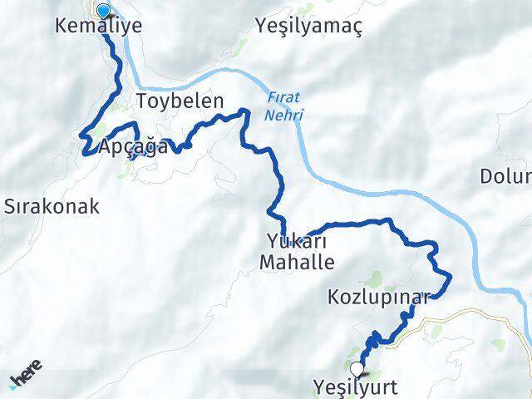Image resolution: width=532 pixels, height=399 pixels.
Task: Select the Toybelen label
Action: coord(180,102)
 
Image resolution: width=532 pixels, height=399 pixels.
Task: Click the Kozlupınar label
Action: coord(378,297)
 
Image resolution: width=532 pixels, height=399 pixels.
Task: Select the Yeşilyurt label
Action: coord(357,387)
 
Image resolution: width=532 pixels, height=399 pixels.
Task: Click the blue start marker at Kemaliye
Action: coord(104,11)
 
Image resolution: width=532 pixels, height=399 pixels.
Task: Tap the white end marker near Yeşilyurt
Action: coord(357,369)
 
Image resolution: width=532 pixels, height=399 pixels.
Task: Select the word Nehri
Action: coord(285,114)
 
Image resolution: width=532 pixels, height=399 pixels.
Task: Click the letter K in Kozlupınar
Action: coord(334,297)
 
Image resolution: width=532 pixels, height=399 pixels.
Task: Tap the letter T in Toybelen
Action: coord(142,102)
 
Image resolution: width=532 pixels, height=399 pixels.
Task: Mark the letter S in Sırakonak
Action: coord(10,206)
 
